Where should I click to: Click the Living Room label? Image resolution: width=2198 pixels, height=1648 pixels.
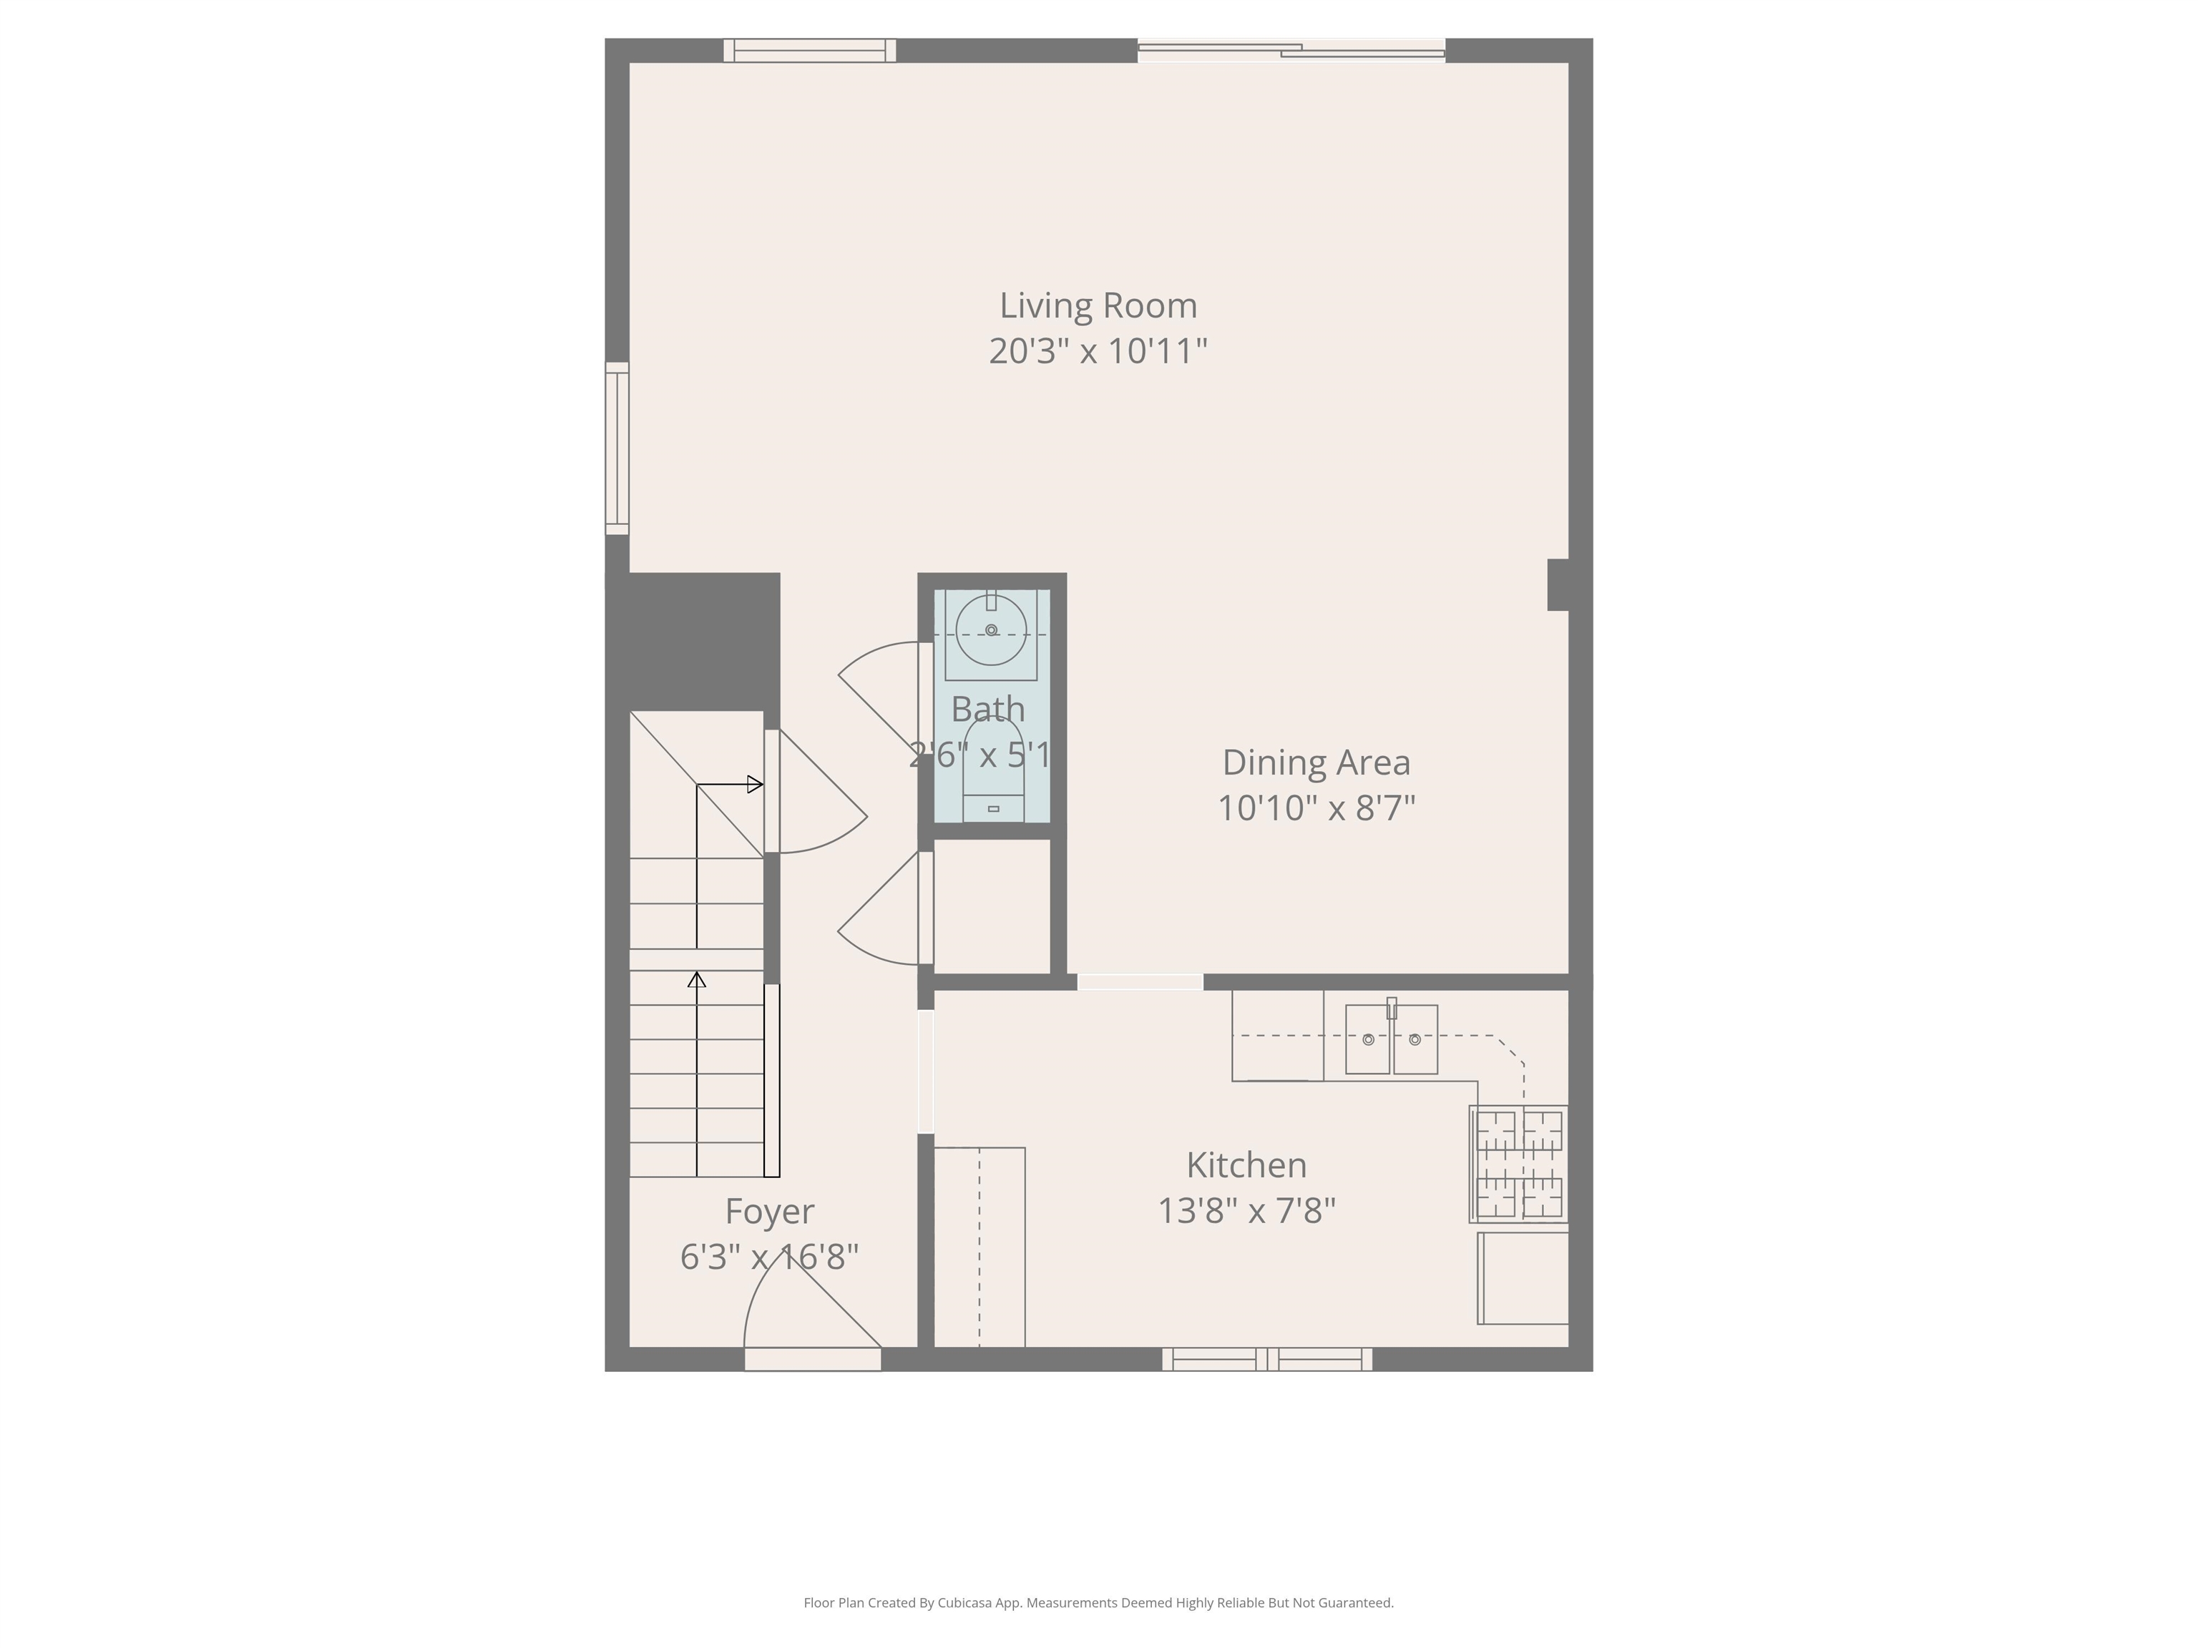[1098, 305]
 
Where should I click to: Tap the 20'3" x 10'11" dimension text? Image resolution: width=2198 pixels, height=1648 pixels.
[1098, 350]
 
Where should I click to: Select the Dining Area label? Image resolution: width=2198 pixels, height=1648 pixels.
[1316, 762]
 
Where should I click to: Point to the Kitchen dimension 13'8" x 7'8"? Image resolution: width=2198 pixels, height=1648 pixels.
[1246, 1211]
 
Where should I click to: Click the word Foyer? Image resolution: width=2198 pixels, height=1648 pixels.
[769, 1211]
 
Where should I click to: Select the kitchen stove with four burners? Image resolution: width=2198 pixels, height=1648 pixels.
[1518, 1163]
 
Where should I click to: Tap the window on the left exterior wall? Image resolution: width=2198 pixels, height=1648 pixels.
[617, 448]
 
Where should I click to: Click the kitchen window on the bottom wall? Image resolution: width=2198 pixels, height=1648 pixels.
[1267, 1359]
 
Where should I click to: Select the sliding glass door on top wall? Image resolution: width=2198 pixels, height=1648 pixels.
[1291, 49]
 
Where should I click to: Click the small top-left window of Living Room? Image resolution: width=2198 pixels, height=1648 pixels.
[809, 49]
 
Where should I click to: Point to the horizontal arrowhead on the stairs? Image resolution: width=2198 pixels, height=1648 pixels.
[755, 785]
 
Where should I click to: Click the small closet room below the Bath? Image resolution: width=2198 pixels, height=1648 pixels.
[992, 906]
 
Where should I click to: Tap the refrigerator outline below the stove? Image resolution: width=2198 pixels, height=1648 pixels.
[1523, 1278]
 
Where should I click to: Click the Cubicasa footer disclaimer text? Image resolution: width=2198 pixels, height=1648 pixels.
[1098, 1602]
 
